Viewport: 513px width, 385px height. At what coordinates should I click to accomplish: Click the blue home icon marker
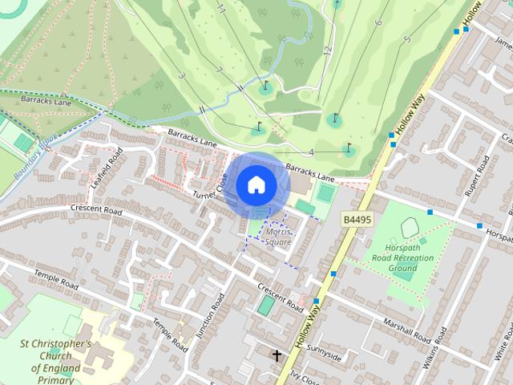256,184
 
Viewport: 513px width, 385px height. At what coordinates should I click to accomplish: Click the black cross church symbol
277,355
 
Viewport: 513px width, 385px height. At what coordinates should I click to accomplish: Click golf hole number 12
327,50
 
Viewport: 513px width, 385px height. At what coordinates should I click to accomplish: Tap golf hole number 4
311,152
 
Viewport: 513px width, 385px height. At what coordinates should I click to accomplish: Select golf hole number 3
182,75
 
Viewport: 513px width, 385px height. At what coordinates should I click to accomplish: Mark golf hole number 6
378,22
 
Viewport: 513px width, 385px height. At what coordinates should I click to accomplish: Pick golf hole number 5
407,38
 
